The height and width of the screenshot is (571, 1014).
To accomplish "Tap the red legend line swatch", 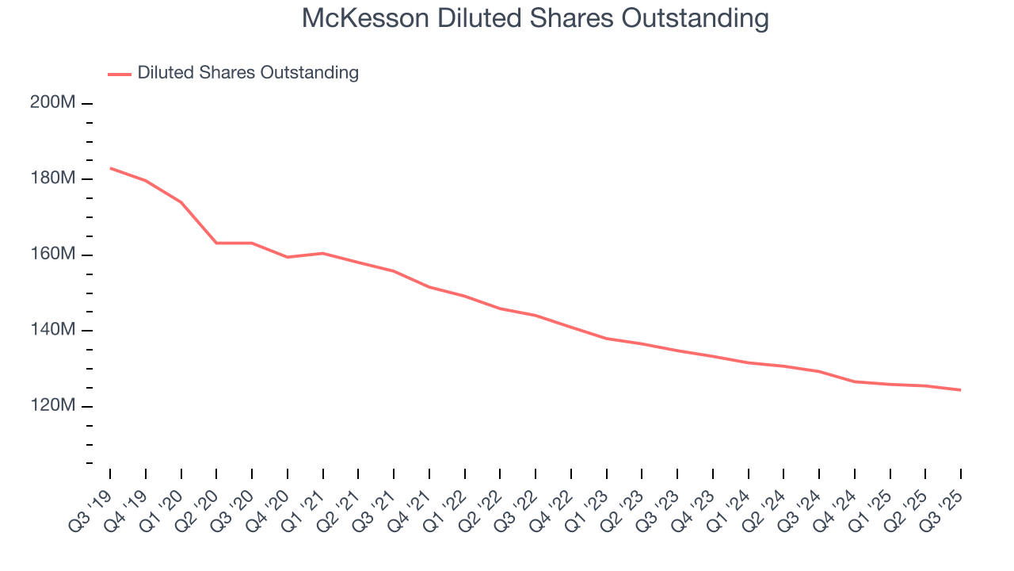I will pos(120,74).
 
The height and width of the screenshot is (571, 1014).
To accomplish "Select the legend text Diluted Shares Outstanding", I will pos(248,73).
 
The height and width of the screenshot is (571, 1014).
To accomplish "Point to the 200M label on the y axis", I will pos(53,103).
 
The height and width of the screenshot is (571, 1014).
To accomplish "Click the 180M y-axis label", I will pos(53,179).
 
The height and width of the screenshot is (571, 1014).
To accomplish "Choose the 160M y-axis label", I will pos(53,255).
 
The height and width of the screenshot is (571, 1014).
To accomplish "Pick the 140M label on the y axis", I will pos(53,331).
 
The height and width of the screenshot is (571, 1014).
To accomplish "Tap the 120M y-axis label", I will pos(53,406).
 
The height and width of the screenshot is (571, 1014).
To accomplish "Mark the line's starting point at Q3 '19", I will pos(110,168).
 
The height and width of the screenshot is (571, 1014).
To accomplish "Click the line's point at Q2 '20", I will pos(216,243).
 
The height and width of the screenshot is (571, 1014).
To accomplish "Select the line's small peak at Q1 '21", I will pos(322,253).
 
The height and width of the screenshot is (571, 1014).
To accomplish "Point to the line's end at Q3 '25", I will pos(961,390).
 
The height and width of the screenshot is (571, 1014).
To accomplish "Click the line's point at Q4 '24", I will pos(855,381).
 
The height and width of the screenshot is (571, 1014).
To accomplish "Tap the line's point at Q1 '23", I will pos(606,339).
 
